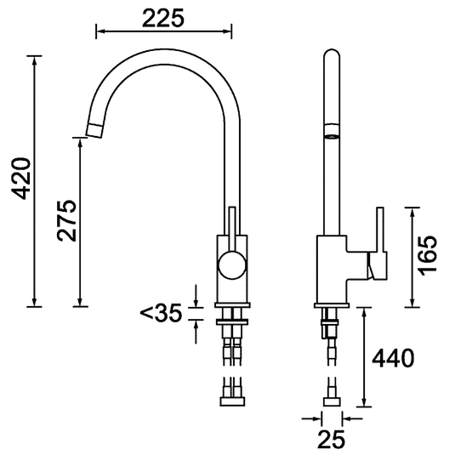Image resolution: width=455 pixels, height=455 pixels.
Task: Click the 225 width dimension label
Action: [x=163, y=18]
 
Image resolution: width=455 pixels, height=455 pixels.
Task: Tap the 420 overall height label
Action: [x=21, y=179]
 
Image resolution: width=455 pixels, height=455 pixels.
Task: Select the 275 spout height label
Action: [x=67, y=220]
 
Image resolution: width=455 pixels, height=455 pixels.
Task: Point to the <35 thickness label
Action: [x=161, y=313]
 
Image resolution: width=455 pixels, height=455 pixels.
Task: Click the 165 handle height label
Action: [x=427, y=255]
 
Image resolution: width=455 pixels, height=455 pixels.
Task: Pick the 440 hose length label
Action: [x=393, y=358]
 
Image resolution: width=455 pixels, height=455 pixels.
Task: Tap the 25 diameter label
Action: [x=332, y=439]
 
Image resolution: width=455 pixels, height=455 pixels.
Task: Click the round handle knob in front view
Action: [x=232, y=265]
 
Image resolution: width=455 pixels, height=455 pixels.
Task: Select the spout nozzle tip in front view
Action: [x=94, y=130]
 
